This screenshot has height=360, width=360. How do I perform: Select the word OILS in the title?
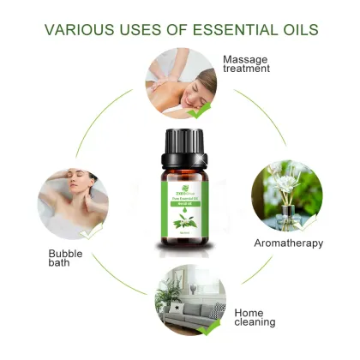tap(296, 30)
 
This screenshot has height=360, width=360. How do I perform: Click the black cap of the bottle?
tap(179, 140)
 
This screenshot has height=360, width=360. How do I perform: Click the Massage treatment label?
tap(248, 64)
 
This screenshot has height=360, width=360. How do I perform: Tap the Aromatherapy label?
tap(289, 243)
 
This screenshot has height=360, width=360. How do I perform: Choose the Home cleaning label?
tap(255, 316)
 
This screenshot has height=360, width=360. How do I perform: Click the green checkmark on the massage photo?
tap(199, 111)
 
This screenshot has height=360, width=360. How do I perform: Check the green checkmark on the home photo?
tap(203, 327)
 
